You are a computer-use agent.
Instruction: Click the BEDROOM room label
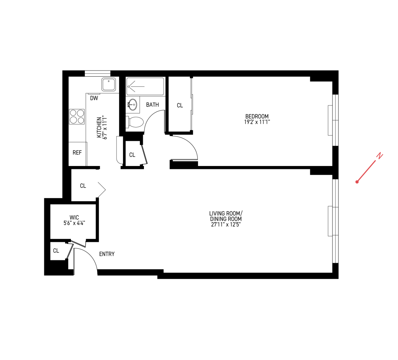257,116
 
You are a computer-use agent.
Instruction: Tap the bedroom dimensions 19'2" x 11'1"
257,122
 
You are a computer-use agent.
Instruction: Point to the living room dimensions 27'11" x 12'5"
226,224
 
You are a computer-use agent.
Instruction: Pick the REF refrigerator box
77,153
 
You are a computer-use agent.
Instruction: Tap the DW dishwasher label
94,98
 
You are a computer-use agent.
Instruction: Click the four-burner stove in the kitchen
77,117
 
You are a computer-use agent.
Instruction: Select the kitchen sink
108,85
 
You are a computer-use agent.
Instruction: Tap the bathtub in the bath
145,86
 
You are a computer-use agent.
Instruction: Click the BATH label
152,105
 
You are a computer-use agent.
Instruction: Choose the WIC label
74,217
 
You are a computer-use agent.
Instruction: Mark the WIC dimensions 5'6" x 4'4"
74,223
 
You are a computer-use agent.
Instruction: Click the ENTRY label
107,254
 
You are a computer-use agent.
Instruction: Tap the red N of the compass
379,156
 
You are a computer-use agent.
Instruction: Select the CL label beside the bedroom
180,105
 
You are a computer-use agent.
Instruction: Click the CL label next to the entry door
56,251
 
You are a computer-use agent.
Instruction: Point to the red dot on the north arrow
357,182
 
